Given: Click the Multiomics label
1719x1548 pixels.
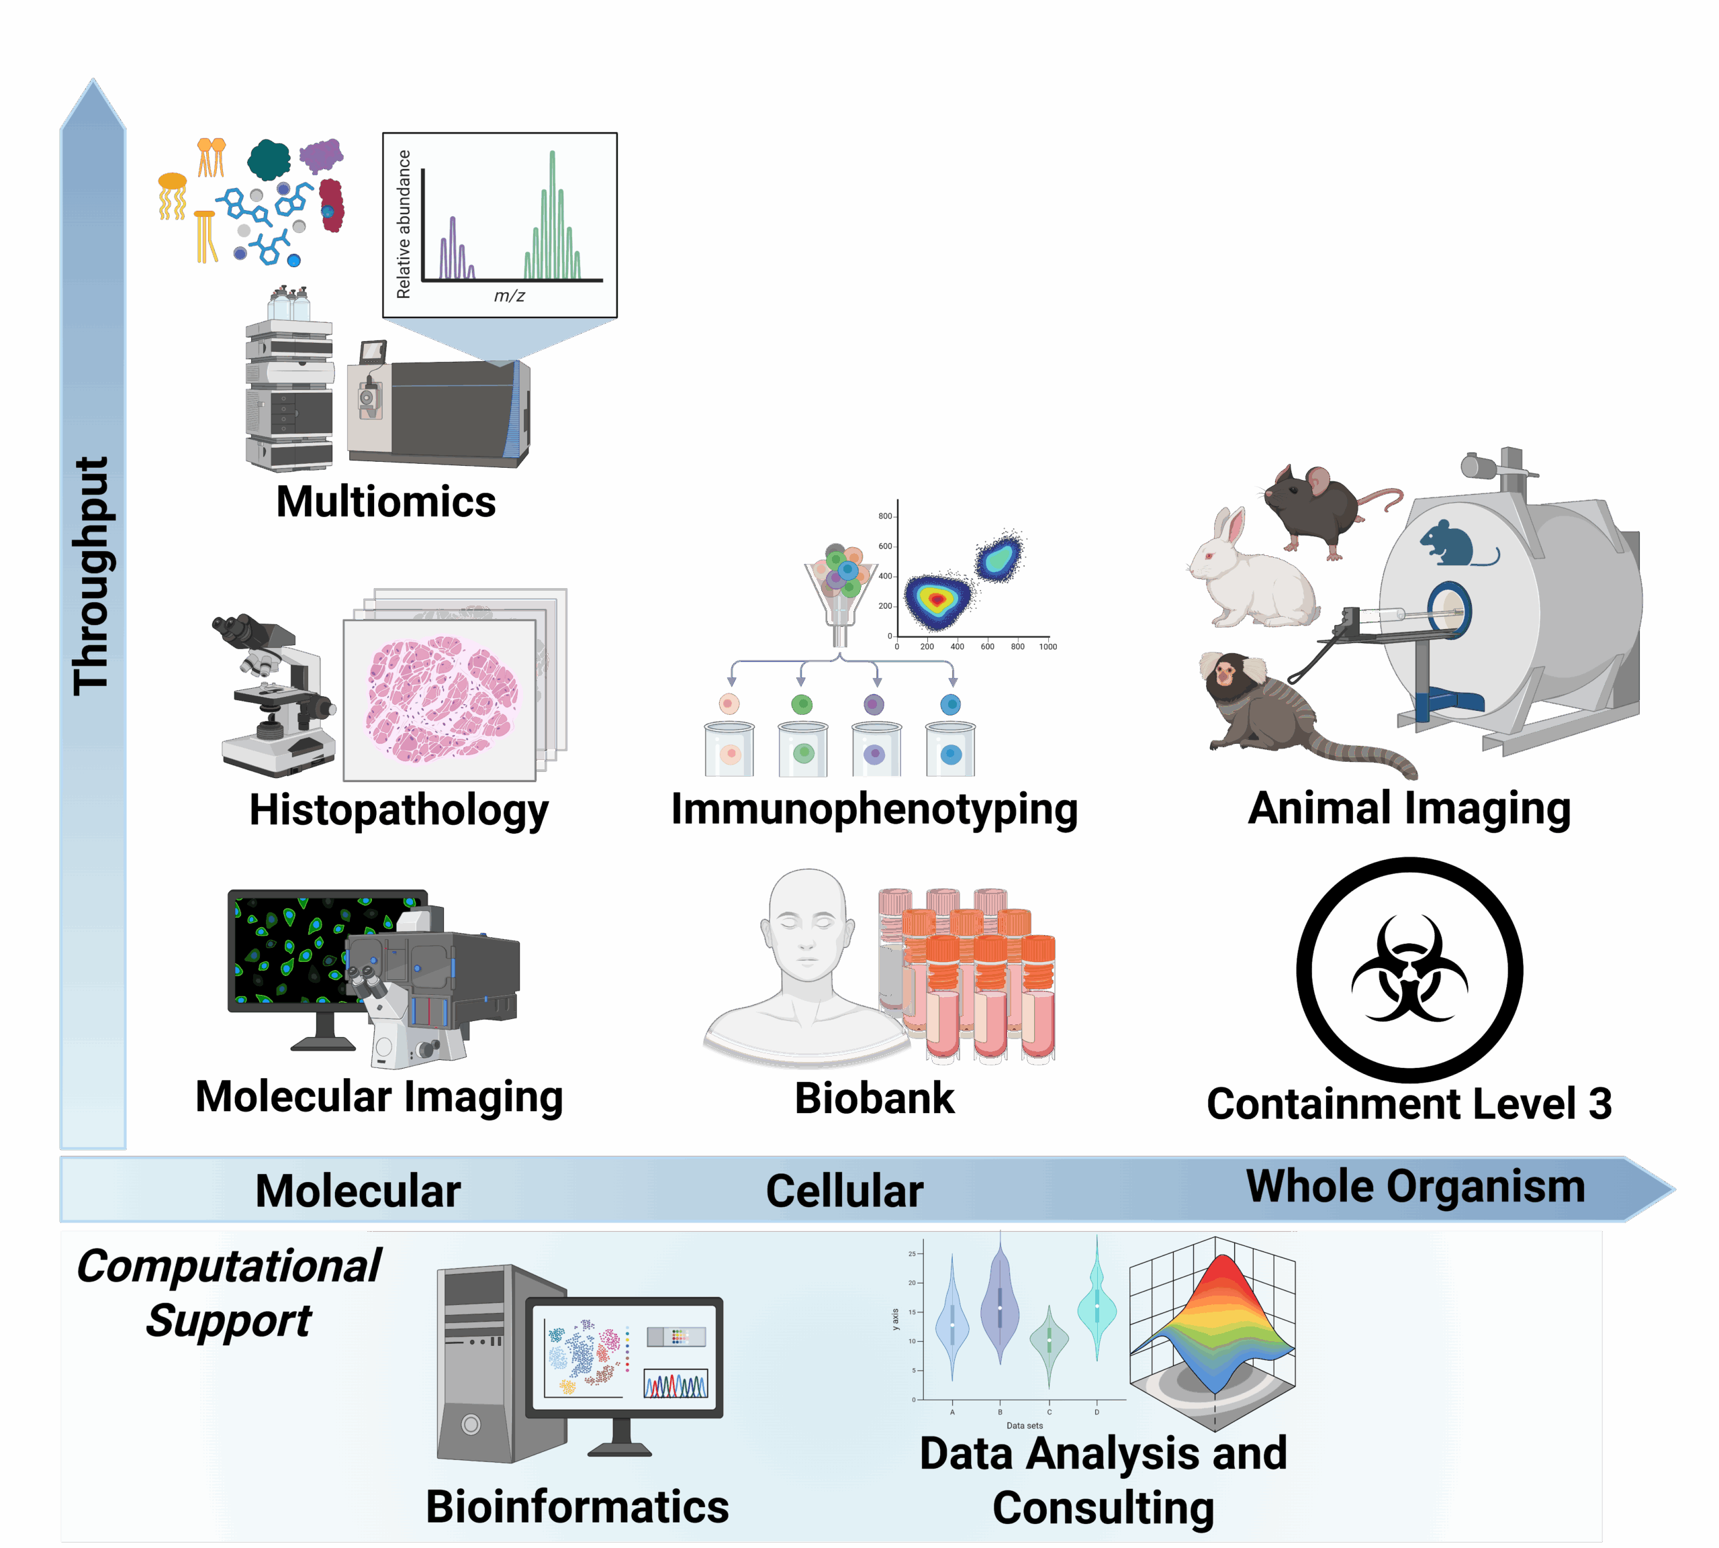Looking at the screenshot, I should tap(385, 502).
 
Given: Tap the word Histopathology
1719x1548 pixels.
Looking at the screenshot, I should tap(398, 810).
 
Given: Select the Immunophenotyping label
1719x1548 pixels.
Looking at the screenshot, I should tap(874, 809).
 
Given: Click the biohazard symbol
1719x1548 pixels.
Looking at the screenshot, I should tap(1409, 969).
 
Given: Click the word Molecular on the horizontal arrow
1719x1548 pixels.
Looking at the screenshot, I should tap(357, 1191).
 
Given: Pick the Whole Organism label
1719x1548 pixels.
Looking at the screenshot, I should tap(1415, 1187).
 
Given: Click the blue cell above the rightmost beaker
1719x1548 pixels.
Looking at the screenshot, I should tap(950, 704).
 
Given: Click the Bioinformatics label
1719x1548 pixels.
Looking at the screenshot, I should tap(577, 1507).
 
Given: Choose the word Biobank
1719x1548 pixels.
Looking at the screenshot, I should tap(874, 1098).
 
